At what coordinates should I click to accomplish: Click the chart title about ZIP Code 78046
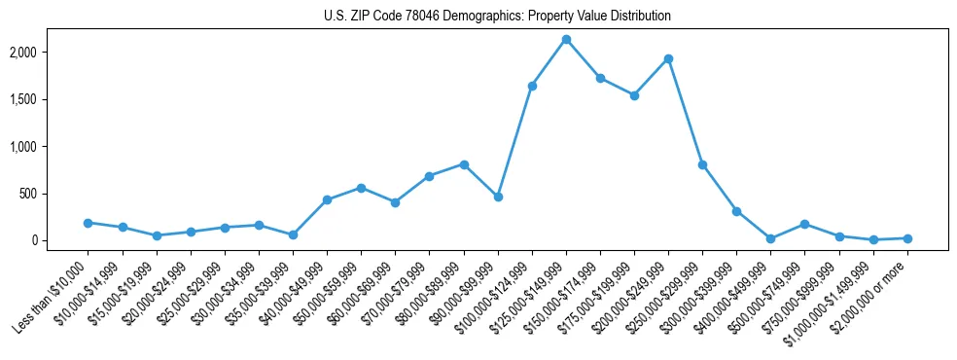pyautogui.click(x=497, y=17)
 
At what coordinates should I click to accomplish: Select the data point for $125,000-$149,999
pyautogui.click(x=566, y=39)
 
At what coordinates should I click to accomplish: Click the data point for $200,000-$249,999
pyautogui.click(x=668, y=58)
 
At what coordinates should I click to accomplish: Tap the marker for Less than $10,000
pyautogui.click(x=88, y=223)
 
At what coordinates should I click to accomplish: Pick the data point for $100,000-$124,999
pyautogui.click(x=532, y=86)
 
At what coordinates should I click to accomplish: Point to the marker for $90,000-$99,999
pyautogui.click(x=498, y=197)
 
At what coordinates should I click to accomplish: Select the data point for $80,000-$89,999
pyautogui.click(x=464, y=164)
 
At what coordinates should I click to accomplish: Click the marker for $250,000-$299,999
pyautogui.click(x=702, y=164)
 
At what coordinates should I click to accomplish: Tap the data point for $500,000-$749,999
pyautogui.click(x=804, y=224)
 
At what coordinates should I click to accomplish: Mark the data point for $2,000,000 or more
pyautogui.click(x=907, y=238)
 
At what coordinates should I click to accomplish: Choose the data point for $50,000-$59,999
pyautogui.click(x=361, y=188)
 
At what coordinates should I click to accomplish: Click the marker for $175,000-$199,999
pyautogui.click(x=634, y=95)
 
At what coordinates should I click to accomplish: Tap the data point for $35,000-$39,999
pyautogui.click(x=293, y=234)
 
